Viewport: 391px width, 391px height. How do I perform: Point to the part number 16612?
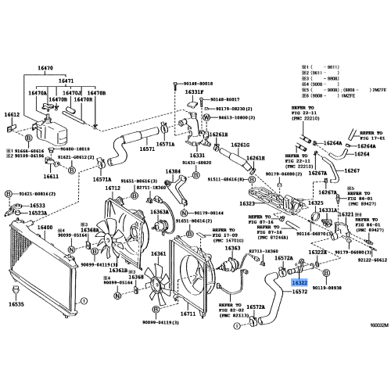(x=13, y=114)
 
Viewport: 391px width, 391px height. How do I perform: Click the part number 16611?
(x=51, y=177)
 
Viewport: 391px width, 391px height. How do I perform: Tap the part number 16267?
(x=353, y=170)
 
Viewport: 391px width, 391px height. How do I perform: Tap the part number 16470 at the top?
(x=66, y=69)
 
